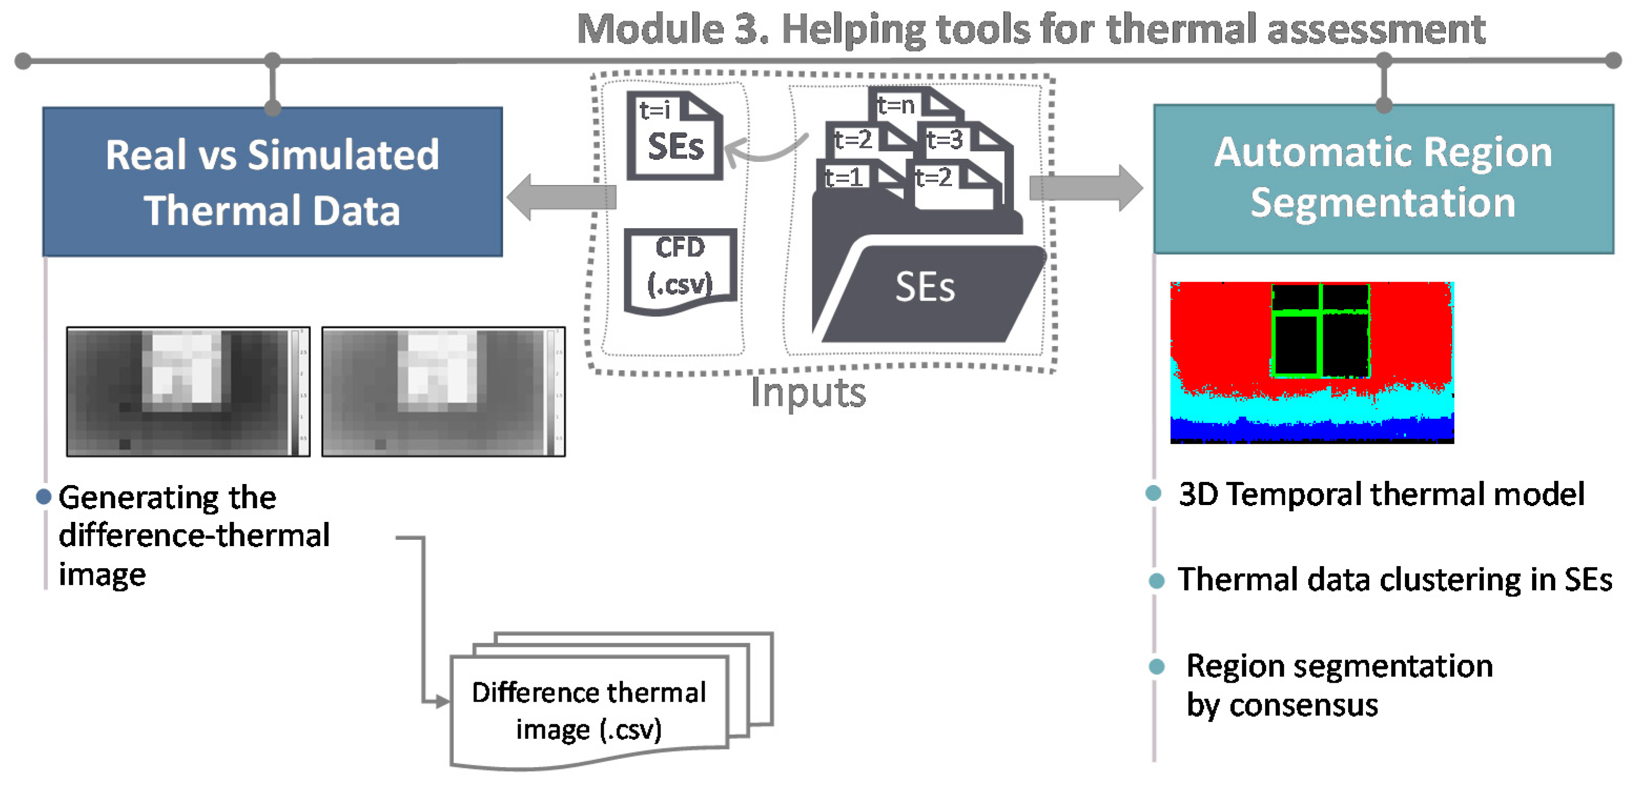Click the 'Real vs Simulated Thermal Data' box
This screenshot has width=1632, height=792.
pos(272,182)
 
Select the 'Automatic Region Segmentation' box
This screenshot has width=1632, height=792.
pos(1383,179)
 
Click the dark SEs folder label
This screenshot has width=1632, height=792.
pos(924,289)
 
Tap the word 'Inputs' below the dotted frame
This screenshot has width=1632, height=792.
pos(808,393)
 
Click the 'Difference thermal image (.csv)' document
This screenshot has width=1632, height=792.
pos(589,710)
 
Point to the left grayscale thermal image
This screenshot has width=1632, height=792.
pos(188,392)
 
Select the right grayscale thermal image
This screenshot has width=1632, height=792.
pos(443,392)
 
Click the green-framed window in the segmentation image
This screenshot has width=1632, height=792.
pos(1320,330)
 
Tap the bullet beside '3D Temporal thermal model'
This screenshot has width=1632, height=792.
pos(1154,493)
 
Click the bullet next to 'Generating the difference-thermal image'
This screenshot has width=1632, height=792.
pos(44,496)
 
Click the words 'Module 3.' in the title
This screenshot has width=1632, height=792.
pos(672,30)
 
